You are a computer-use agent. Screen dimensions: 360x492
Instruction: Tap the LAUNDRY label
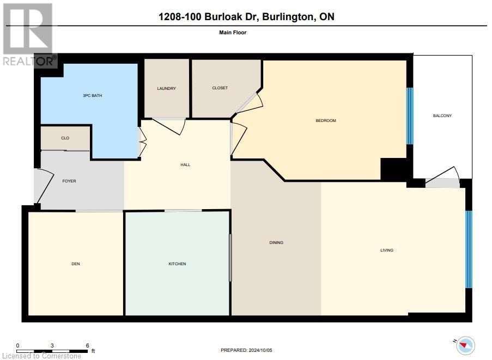[x=166, y=89]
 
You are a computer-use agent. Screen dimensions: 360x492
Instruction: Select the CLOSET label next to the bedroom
[x=220, y=88]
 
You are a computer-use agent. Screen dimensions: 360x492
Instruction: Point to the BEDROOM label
[x=326, y=120]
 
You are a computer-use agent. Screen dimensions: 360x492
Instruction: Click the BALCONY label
[x=442, y=115]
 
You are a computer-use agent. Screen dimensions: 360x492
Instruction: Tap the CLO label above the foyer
[x=65, y=138]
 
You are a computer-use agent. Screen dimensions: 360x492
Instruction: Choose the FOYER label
[x=69, y=181]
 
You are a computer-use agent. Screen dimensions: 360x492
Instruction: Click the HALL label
[x=185, y=164]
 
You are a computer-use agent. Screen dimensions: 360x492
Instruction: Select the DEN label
[x=76, y=264]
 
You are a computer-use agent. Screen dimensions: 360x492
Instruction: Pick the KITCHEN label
[x=177, y=264]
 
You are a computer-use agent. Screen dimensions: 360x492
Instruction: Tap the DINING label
[x=276, y=242]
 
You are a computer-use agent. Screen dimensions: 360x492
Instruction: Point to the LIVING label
[x=387, y=251]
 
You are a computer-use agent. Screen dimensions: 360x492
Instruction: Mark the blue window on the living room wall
[x=468, y=249]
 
